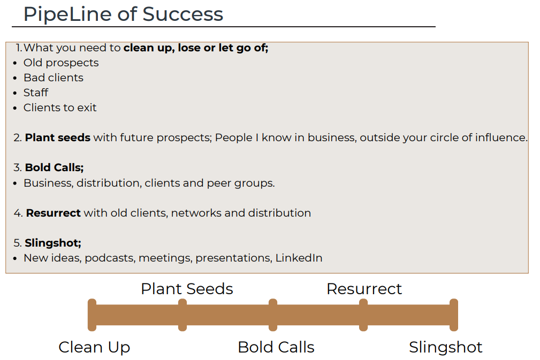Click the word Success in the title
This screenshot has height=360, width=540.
pyautogui.click(x=183, y=14)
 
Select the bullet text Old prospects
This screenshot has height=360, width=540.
pyautogui.click(x=61, y=63)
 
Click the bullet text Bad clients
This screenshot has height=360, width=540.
pyautogui.click(x=54, y=78)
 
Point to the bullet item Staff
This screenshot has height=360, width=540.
pyautogui.click(x=36, y=93)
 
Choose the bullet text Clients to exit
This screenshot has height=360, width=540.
pyautogui.click(x=60, y=108)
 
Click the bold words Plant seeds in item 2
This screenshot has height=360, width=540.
pyautogui.click(x=57, y=137)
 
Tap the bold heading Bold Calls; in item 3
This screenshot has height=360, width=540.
pyautogui.click(x=55, y=167)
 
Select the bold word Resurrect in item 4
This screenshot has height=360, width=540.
pyautogui.click(x=54, y=213)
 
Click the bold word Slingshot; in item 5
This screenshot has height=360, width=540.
pyautogui.click(x=53, y=243)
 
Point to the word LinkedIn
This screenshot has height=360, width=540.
pyautogui.click(x=299, y=258)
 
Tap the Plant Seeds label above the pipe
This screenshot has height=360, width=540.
pyautogui.click(x=187, y=289)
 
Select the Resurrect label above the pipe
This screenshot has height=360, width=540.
pyautogui.click(x=364, y=289)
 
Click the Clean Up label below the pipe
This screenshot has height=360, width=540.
pyautogui.click(x=94, y=347)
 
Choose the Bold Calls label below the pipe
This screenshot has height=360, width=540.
pyautogui.click(x=276, y=347)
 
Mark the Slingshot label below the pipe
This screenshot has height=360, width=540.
pyautogui.click(x=446, y=347)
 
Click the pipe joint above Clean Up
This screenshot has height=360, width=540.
pyautogui.click(x=92, y=315)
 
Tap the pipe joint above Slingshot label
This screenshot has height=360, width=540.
pyautogui.click(x=454, y=315)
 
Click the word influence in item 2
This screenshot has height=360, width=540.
pyautogui.click(x=501, y=137)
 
